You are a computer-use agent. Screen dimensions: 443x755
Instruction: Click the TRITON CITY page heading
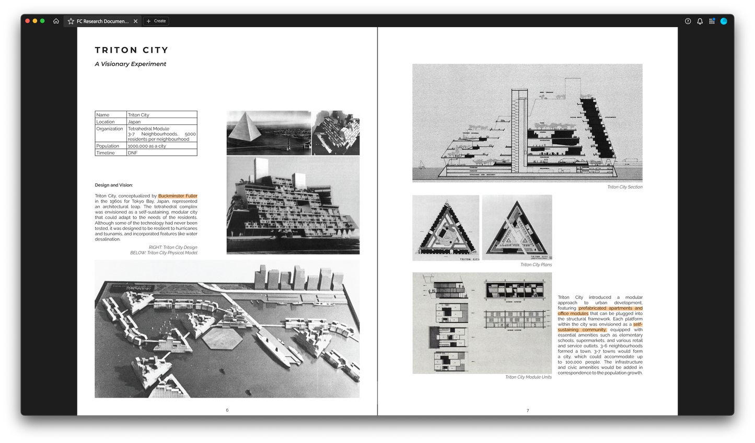(132, 50)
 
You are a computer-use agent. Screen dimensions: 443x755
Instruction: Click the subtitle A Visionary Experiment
(130, 64)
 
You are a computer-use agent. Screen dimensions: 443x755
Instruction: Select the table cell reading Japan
(134, 122)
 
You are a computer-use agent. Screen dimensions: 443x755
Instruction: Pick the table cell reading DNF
(133, 153)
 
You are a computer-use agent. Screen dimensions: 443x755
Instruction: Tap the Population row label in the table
(108, 146)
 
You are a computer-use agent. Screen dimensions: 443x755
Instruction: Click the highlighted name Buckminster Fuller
(178, 196)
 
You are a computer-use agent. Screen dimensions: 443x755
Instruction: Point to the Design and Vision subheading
(114, 185)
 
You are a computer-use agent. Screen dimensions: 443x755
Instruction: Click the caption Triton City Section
(624, 187)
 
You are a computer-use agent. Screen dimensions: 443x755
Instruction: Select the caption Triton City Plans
(536, 265)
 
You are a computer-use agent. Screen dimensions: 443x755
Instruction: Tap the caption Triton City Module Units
(528, 377)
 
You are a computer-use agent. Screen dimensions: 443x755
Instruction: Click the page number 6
(227, 410)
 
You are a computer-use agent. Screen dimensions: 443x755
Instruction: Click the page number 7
(527, 411)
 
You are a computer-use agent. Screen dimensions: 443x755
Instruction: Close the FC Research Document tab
(135, 21)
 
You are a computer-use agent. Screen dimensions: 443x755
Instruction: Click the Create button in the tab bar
(156, 21)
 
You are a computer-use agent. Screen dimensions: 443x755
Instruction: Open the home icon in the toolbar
(56, 21)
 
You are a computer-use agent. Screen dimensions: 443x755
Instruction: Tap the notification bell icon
(700, 21)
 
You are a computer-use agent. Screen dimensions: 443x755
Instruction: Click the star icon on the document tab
(71, 21)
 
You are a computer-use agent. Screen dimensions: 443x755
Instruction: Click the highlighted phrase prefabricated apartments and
(610, 308)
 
